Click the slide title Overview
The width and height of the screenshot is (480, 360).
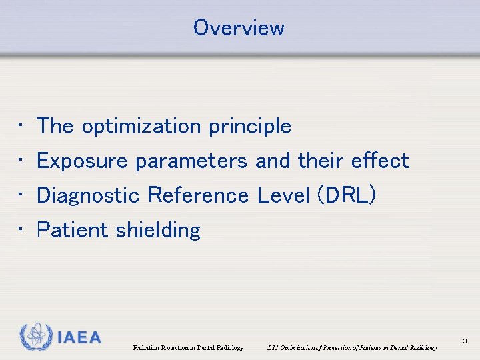click(x=239, y=28)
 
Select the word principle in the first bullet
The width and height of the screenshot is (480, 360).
click(x=250, y=127)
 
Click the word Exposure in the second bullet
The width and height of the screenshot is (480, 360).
click(x=83, y=161)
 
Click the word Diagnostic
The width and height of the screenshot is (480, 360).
click(x=89, y=195)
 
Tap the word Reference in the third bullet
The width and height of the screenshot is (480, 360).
click(x=198, y=195)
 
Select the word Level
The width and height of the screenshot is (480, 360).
click(x=283, y=195)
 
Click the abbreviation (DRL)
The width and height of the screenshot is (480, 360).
click(x=347, y=195)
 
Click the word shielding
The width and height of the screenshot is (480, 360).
click(x=157, y=231)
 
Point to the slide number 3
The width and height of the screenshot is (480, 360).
click(x=465, y=341)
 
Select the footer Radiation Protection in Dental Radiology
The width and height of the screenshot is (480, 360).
click(x=188, y=347)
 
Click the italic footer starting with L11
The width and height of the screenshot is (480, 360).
click(x=351, y=347)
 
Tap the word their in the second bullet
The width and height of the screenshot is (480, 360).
click(x=322, y=161)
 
